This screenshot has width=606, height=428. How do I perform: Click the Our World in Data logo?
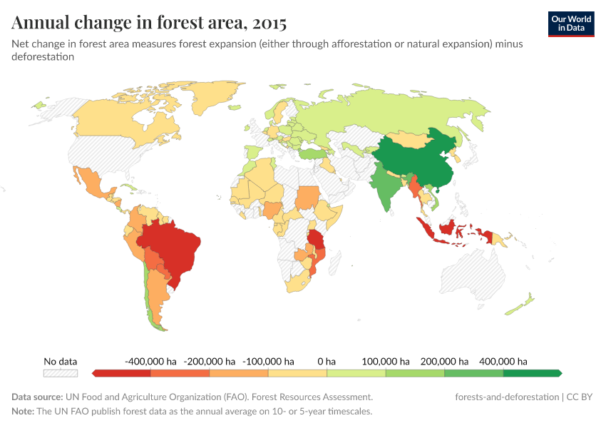(x=571, y=24)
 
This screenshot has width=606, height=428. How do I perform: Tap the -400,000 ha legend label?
(x=150, y=362)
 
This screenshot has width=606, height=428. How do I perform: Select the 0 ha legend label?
(x=327, y=362)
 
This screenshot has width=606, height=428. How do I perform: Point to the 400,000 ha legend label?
(x=503, y=362)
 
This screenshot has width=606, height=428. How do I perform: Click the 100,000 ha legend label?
(x=386, y=362)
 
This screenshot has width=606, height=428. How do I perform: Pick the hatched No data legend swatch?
(x=60, y=373)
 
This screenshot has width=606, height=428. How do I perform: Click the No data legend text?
(x=60, y=362)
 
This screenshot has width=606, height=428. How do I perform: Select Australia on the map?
(x=474, y=275)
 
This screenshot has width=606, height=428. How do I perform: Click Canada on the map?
(x=121, y=121)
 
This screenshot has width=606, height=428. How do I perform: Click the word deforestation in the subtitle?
(x=43, y=57)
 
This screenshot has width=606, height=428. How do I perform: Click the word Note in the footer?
(x=24, y=412)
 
